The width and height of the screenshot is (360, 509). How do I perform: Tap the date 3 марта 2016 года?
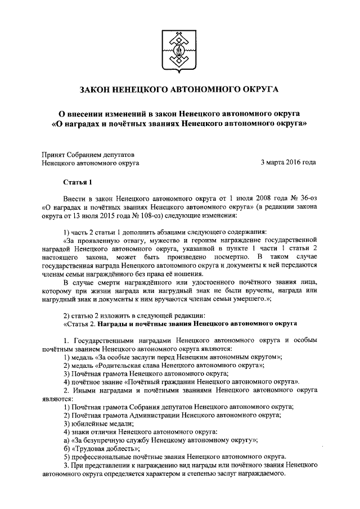point(288,163)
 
